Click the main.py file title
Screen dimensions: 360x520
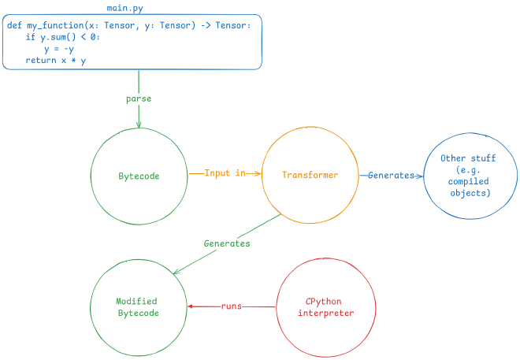[x=124, y=8]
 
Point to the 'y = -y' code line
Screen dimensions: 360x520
[x=58, y=49]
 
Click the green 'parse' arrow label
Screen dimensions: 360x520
[x=139, y=98]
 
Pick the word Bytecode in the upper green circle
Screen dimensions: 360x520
[x=139, y=176]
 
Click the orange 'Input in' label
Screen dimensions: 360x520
[x=225, y=173]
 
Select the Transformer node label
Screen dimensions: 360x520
[x=310, y=175]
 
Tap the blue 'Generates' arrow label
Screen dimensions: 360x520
[x=390, y=176]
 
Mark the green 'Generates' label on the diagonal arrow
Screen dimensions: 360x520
[x=227, y=243]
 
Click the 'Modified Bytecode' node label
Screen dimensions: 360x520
[x=137, y=307]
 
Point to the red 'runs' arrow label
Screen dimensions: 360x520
[x=231, y=306]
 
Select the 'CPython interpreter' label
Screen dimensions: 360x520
[x=325, y=307]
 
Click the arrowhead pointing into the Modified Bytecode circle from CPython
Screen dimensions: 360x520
[x=190, y=306]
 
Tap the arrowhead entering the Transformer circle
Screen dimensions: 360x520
[x=258, y=173]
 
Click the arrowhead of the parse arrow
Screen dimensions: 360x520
[x=139, y=124]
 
